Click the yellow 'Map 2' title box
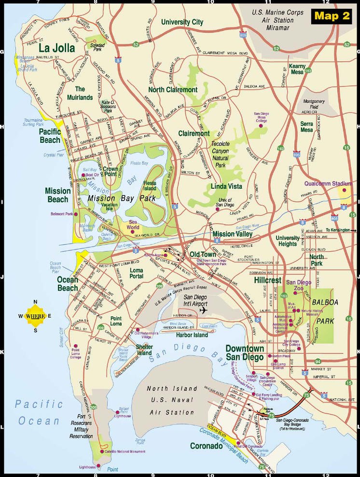332,15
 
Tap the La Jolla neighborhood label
57,48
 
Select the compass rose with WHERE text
35,316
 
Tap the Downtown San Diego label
245,353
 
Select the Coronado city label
206,446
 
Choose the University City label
182,22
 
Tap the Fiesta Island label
150,185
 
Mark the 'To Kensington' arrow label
340,230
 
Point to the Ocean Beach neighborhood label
68,284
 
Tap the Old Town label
202,253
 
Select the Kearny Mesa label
298,69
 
